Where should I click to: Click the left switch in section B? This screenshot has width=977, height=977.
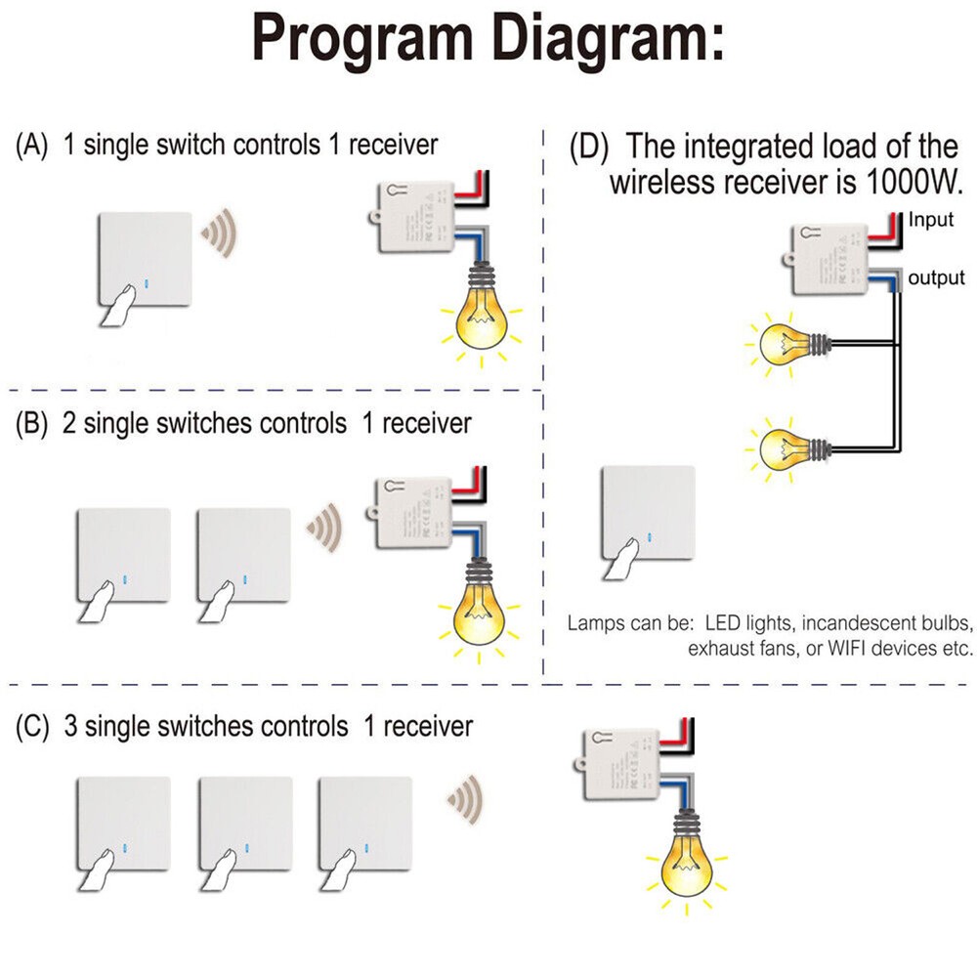[123, 553]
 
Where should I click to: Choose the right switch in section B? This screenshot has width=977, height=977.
[243, 553]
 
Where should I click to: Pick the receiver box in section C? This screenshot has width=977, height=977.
[622, 765]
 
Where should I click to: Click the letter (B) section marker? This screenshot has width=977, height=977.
[32, 424]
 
